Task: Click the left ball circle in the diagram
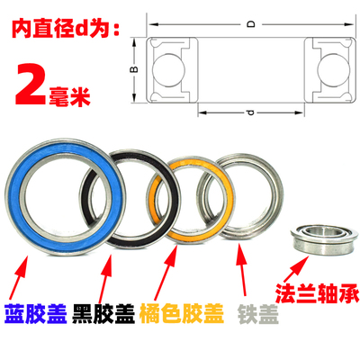167,65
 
